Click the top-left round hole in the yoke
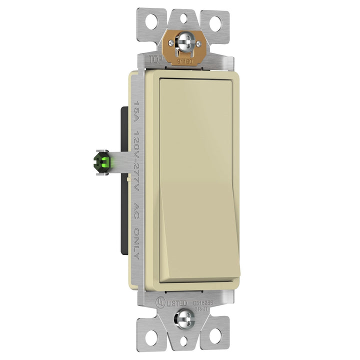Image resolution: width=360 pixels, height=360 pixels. coord(152,22)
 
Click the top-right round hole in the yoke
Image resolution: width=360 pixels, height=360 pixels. coord(216,22)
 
